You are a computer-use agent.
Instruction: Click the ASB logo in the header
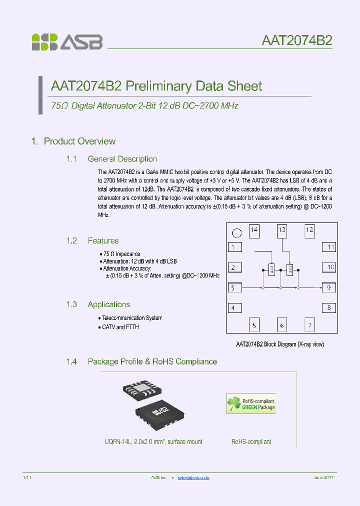[67, 42]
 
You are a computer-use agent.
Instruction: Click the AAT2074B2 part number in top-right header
[296, 40]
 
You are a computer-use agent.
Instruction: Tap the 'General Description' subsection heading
[122, 159]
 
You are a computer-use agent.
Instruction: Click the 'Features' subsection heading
[103, 240]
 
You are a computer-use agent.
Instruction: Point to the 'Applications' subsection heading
[108, 304]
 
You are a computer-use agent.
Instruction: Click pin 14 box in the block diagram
[254, 230]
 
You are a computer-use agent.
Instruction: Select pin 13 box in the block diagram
[282, 230]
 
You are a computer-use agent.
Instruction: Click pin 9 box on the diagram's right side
[328, 287]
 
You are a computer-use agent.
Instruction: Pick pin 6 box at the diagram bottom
[282, 325]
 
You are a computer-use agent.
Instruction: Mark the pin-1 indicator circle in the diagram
[237, 232]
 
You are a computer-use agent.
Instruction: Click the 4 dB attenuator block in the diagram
[271, 269]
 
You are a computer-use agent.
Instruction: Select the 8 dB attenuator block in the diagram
[289, 269]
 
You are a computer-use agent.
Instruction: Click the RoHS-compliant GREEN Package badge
[251, 404]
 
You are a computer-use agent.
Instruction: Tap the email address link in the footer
[193, 477]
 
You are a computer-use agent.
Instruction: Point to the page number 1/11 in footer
[27, 477]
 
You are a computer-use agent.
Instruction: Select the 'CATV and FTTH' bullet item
[120, 327]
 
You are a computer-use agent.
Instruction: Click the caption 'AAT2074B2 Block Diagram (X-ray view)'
[282, 344]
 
